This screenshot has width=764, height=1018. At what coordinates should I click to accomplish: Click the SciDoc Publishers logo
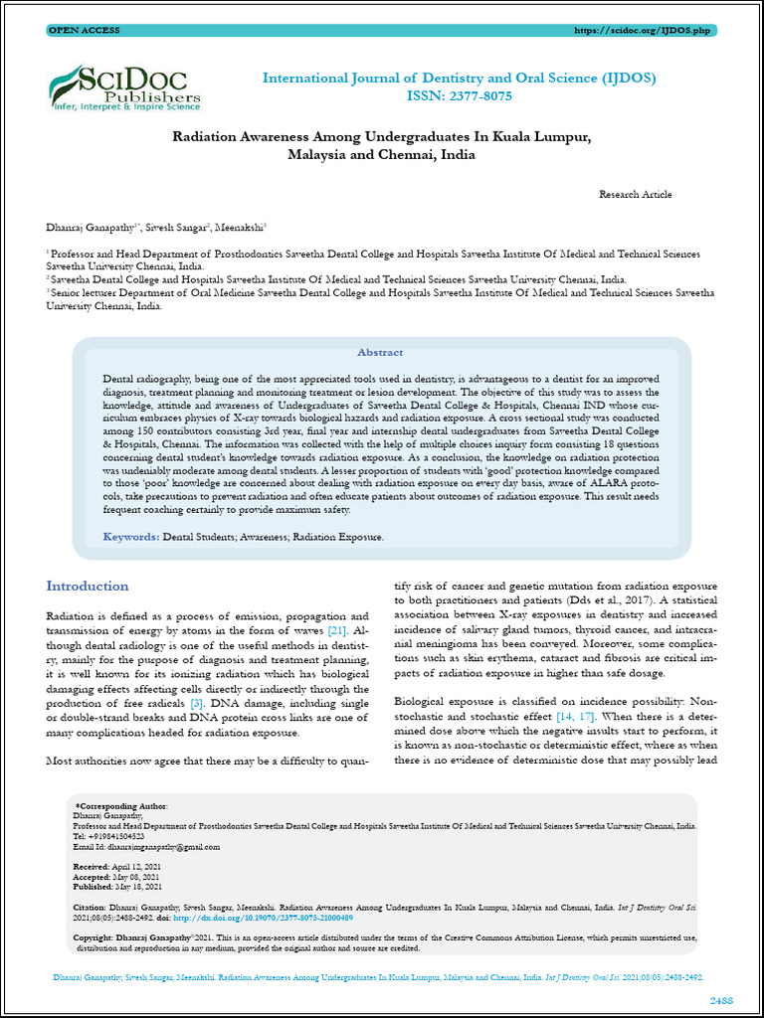point(124,86)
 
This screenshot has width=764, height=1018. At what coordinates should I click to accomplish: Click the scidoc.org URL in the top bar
point(643,31)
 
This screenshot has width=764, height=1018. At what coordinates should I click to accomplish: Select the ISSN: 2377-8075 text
point(459,96)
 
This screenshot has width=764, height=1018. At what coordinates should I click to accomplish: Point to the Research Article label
point(635,195)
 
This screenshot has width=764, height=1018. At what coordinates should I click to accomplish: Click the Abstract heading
point(380,352)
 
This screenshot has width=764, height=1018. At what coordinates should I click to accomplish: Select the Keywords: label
point(131,537)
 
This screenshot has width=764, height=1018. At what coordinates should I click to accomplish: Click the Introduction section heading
point(88,587)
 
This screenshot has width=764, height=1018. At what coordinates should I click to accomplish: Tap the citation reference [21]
point(336,631)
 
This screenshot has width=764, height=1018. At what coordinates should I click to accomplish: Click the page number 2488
point(721,998)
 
